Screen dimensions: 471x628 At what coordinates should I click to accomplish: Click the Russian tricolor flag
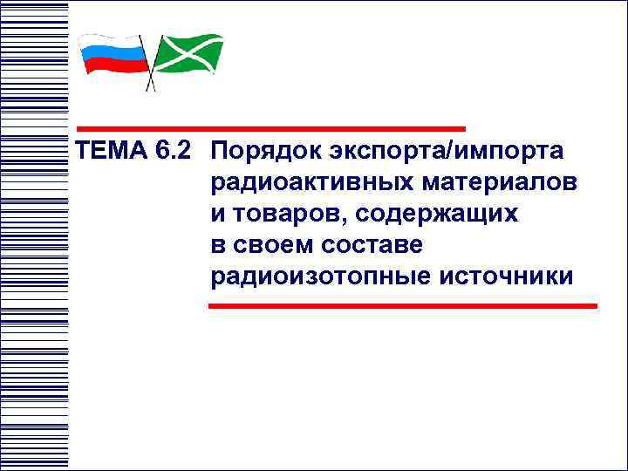pos(113,55)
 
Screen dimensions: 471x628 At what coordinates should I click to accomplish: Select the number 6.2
pos(171,151)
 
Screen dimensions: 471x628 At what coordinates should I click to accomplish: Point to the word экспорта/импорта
pos(447,152)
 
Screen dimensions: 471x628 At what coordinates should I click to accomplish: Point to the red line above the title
pos(270,128)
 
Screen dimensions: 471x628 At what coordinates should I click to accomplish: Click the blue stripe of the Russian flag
pos(113,55)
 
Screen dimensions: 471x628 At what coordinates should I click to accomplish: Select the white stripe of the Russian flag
pos(113,43)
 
